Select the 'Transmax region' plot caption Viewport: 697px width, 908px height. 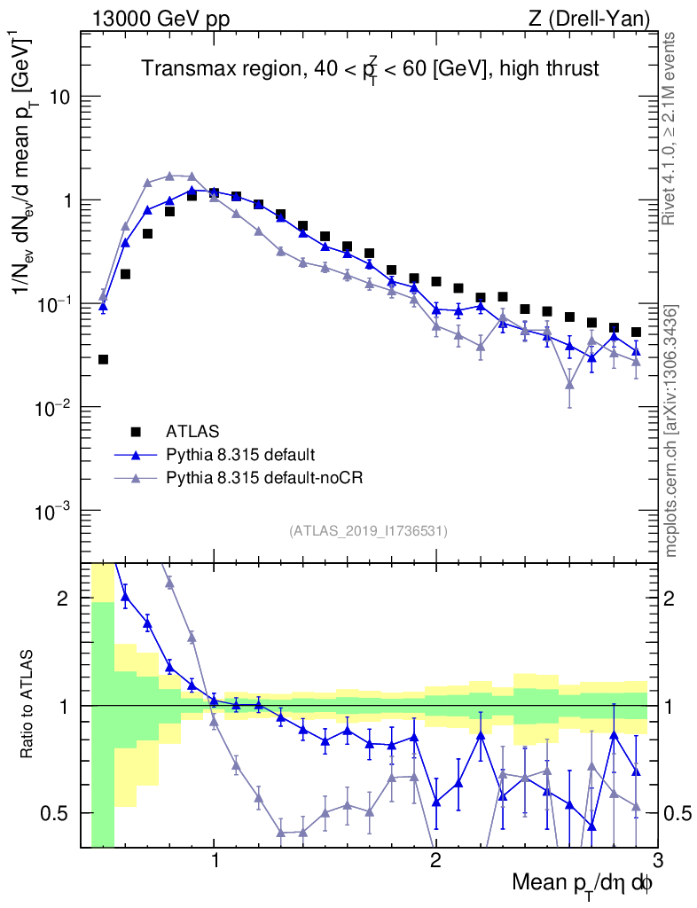(x=371, y=69)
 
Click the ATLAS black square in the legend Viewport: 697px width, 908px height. (x=136, y=432)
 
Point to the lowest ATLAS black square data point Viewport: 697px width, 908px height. (x=103, y=359)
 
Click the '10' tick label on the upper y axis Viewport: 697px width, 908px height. (x=59, y=97)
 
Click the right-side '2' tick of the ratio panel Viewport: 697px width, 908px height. (x=672, y=599)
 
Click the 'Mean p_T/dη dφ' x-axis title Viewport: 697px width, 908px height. (x=583, y=885)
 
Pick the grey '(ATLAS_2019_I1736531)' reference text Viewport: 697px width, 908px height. (x=368, y=531)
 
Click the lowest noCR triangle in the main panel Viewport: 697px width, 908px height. (x=569, y=385)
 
